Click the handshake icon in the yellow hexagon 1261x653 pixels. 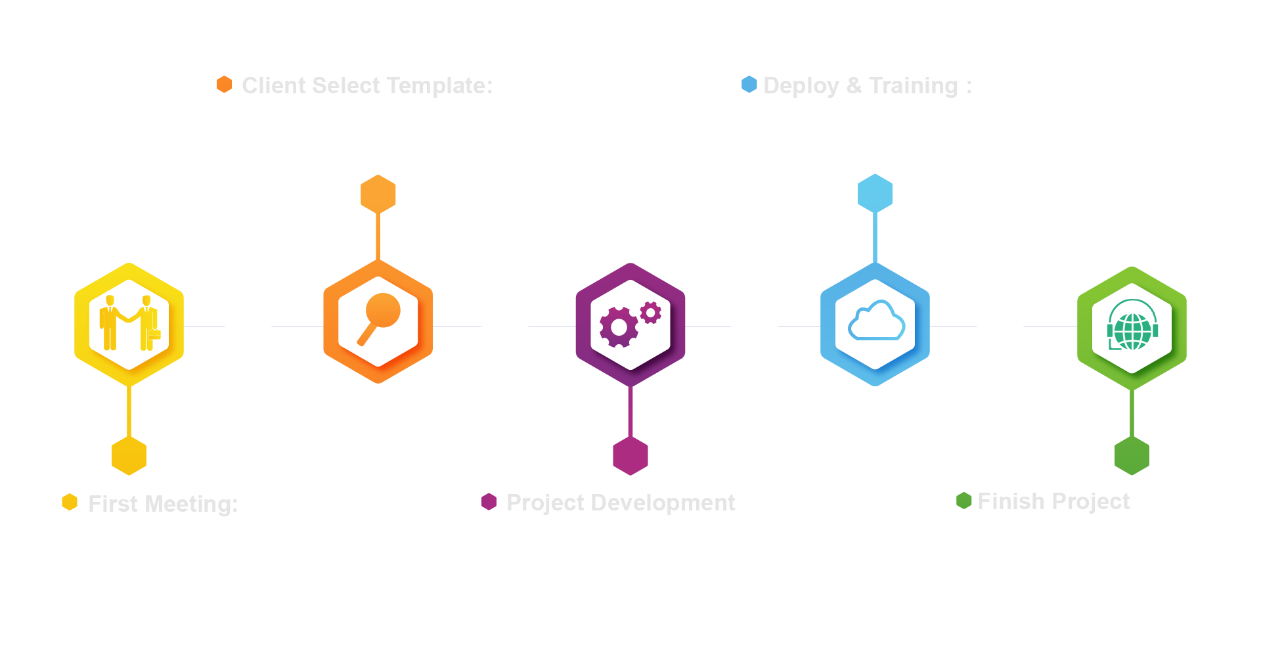(129, 323)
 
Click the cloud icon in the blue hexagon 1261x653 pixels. (876, 321)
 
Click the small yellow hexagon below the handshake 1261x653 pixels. (129, 455)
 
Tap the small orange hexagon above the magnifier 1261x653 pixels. (378, 194)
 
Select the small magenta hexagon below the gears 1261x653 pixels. (630, 455)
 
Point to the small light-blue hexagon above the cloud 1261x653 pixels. (875, 193)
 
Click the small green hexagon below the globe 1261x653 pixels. (1132, 455)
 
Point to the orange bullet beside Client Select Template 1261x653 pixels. (225, 84)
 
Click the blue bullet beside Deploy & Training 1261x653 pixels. (749, 84)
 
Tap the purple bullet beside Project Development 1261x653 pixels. (489, 502)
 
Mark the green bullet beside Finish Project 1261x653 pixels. (964, 501)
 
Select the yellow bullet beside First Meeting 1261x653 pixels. (70, 502)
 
